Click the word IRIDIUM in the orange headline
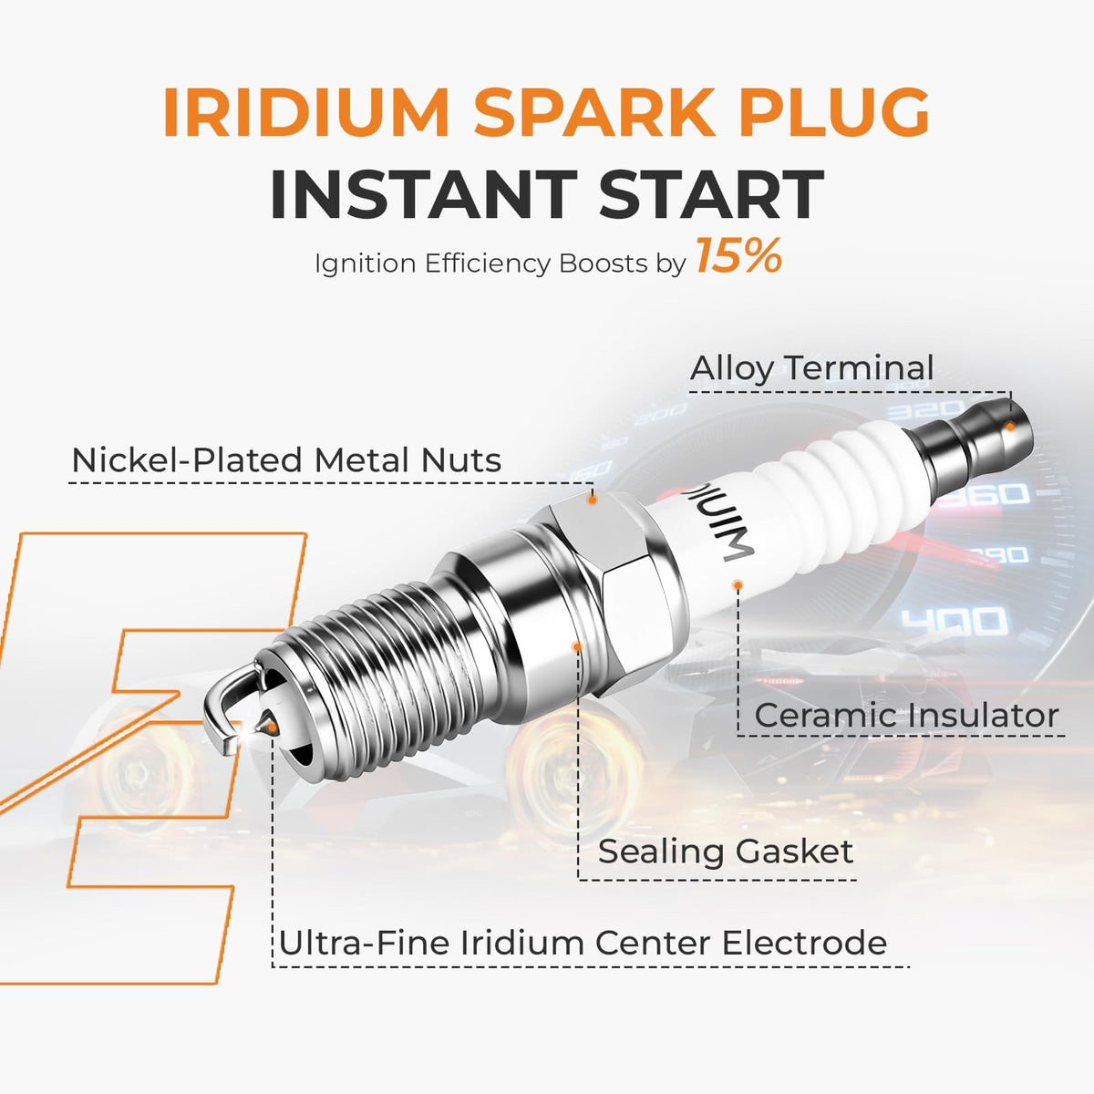pos(306,112)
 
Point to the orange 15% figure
pos(739,256)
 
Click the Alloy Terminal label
pos(811,368)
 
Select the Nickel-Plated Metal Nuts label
pos(286,459)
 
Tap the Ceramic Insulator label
pos(906,716)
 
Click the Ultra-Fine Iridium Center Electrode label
pos(583,943)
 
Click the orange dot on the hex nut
pos(592,501)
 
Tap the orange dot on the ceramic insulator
pos(738,584)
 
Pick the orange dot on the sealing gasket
pos(578,646)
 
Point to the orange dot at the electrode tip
pos(273,728)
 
